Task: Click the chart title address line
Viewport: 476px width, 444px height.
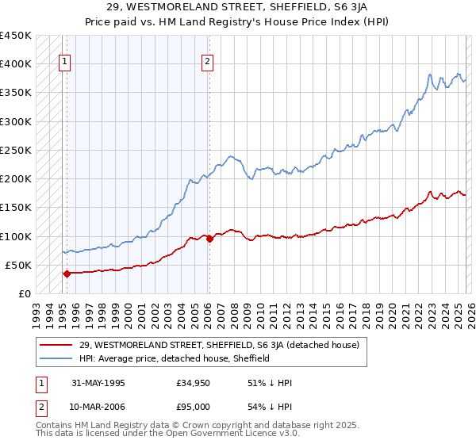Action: tap(237, 7)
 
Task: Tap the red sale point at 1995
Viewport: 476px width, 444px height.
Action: tap(67, 274)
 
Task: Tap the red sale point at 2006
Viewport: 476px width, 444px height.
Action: tap(209, 239)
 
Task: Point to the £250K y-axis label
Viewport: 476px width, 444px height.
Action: tap(16, 150)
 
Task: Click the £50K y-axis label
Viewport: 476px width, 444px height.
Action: tap(19, 265)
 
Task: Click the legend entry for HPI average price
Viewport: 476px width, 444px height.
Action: tap(175, 358)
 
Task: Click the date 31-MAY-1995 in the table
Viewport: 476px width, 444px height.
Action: tap(99, 382)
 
